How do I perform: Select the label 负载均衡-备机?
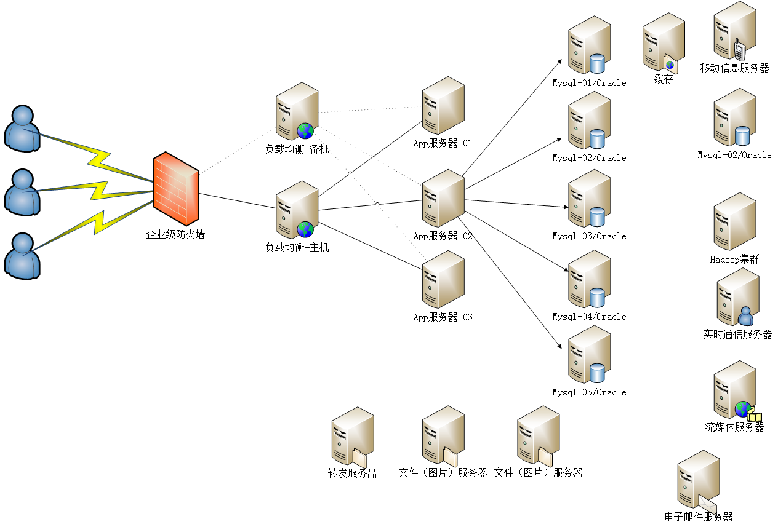coord(297,149)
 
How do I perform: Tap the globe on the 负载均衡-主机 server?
coord(305,229)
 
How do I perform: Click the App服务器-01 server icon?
coord(443,106)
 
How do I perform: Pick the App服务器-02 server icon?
coord(443,199)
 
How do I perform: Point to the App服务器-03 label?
coord(443,317)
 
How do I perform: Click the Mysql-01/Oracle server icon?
coord(588,46)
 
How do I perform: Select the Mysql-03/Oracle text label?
coord(589,236)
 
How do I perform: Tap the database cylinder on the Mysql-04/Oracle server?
coord(597,298)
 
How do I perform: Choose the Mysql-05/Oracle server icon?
coord(588,355)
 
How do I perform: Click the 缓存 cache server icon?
coord(663,43)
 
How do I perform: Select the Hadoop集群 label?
coord(734,260)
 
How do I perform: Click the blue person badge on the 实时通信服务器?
coord(745,316)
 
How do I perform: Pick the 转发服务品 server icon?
coord(352,437)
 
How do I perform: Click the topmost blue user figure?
coord(22,128)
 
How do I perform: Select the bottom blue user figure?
coord(22,255)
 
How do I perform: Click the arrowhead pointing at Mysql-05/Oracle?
coord(559,346)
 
